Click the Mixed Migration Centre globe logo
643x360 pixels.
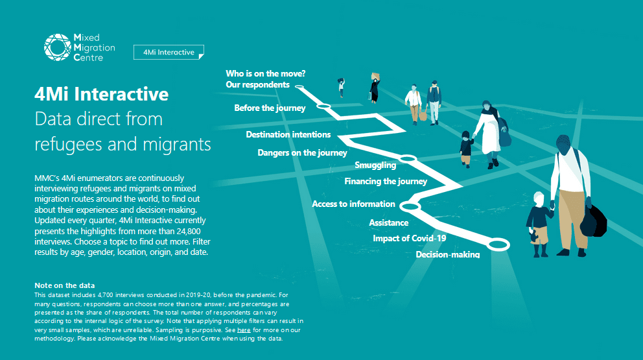click(x=58, y=47)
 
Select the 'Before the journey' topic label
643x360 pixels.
click(x=270, y=108)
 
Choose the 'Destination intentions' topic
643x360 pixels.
click(x=288, y=134)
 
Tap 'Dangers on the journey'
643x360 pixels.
click(x=302, y=152)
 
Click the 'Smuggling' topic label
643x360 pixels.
click(x=375, y=165)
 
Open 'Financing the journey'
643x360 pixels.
click(x=386, y=181)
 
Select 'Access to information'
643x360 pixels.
click(x=353, y=204)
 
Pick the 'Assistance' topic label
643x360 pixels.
click(x=389, y=223)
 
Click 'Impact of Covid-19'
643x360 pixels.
click(x=409, y=239)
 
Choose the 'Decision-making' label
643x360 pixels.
click(x=448, y=254)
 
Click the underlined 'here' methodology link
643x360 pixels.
click(x=244, y=330)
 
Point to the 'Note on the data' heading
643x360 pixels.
click(x=64, y=285)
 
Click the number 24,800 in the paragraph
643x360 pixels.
click(x=187, y=231)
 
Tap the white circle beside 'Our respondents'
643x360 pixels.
click(x=299, y=87)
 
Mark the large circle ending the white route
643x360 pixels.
click(x=498, y=245)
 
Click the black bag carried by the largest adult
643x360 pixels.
click(x=593, y=221)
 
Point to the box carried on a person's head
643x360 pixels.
click(x=375, y=76)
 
